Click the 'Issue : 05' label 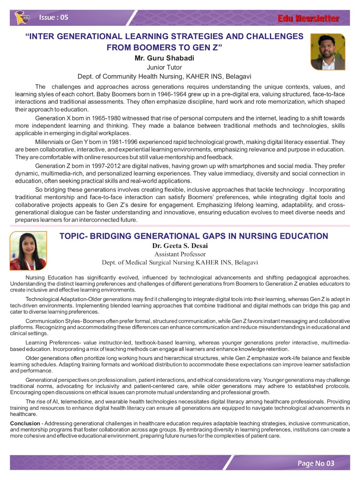point(54,17)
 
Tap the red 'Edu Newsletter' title point(308,19)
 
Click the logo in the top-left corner point(20,18)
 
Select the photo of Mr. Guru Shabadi point(328,52)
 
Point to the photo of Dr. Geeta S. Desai point(28,251)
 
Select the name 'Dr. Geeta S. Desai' point(180,245)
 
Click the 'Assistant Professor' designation point(180,254)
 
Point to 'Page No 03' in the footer point(316,464)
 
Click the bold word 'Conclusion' point(24,423)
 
